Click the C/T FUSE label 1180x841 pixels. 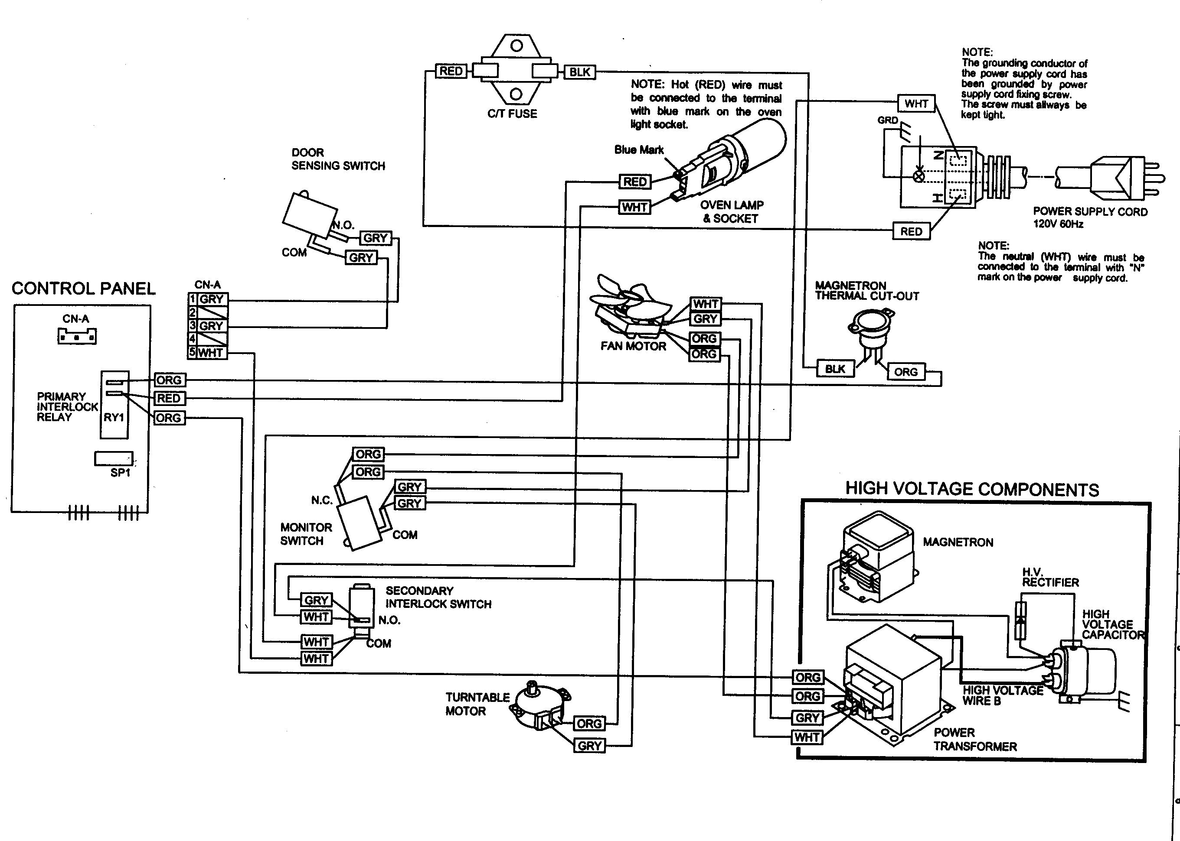512,114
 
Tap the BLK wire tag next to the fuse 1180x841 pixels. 579,72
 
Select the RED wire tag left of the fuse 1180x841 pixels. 451,71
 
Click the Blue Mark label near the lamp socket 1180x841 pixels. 638,149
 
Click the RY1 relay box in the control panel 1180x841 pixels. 114,405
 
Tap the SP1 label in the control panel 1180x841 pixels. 120,473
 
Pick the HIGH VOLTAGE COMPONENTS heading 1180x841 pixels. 972,489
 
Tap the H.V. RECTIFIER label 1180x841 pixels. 1050,578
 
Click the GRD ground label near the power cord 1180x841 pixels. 887,120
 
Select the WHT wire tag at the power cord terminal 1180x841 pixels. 916,104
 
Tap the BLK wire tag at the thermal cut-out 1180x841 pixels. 835,369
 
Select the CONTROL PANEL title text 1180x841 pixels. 83,289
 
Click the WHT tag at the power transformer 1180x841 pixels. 807,737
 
